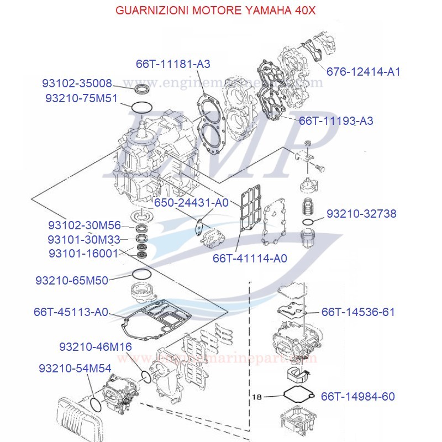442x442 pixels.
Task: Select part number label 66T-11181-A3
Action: coord(173,64)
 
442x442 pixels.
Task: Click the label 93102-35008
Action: coord(77,83)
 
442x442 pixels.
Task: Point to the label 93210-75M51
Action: coord(81,98)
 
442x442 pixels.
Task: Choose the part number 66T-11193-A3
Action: coord(336,120)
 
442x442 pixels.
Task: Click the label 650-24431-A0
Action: coord(191,203)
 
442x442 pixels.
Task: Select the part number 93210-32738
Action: coord(361,214)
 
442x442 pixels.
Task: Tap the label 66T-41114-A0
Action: coord(250,258)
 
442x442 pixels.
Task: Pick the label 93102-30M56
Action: coord(84,225)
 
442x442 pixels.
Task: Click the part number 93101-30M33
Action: coord(83,239)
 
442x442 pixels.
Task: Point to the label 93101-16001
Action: coord(83,253)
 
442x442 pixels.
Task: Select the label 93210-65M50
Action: coord(72,280)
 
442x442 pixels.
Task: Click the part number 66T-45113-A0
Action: coord(71,312)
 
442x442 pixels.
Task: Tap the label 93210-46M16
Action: coord(96,346)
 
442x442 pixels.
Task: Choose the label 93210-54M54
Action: coord(75,368)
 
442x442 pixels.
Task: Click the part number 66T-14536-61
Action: coord(358,312)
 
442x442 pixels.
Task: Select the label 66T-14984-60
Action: coord(358,397)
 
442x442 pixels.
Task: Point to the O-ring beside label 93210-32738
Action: coord(309,222)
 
